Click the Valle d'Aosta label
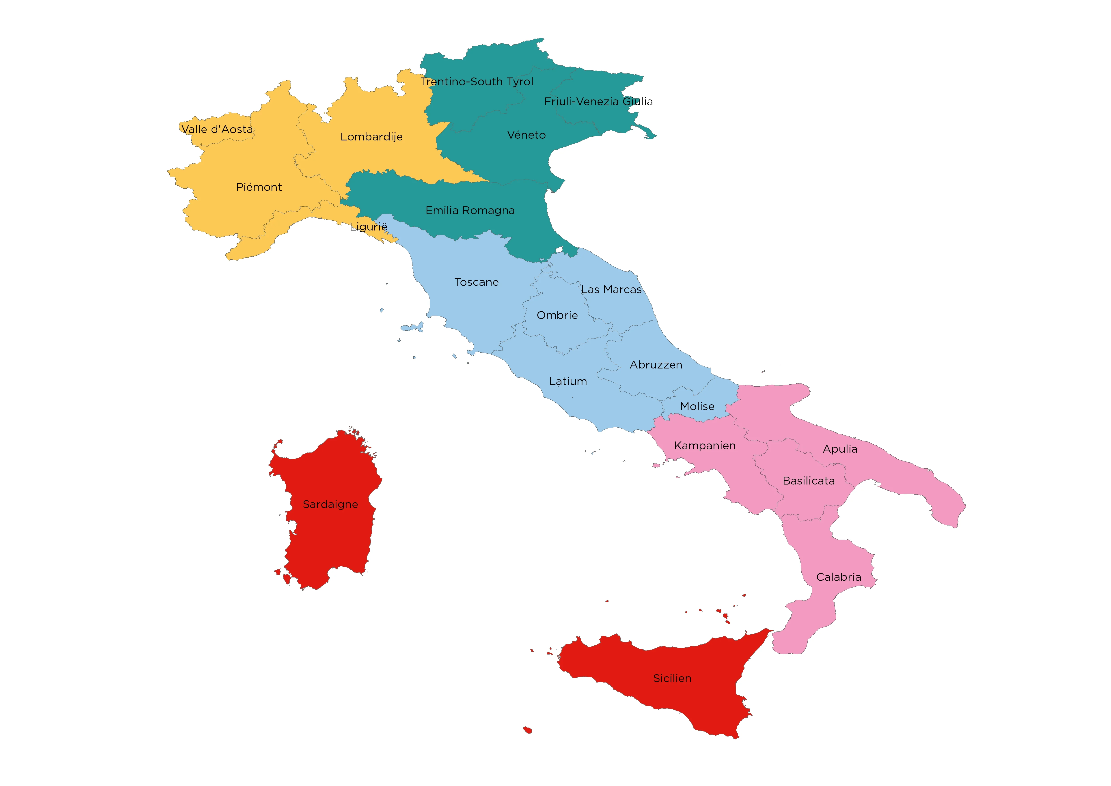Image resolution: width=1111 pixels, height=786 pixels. click(x=217, y=129)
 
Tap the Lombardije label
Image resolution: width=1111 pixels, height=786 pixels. click(x=371, y=137)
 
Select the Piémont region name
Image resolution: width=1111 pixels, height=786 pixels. click(x=259, y=187)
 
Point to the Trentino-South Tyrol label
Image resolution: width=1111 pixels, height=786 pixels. click(x=477, y=82)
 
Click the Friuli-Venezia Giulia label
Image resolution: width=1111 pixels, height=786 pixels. click(x=598, y=102)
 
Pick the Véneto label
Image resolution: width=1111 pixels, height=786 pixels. click(x=526, y=135)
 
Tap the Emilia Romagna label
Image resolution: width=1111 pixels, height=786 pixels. click(x=470, y=211)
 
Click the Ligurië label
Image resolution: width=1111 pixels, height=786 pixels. click(x=368, y=227)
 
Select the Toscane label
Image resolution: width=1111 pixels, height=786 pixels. click(x=476, y=282)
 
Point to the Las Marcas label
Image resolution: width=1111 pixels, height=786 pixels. click(x=611, y=289)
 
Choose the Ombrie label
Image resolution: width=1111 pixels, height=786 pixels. click(x=557, y=316)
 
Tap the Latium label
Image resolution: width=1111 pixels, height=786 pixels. click(x=568, y=381)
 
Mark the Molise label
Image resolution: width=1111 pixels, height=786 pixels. click(x=697, y=407)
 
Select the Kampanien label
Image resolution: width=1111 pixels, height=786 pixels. click(x=704, y=446)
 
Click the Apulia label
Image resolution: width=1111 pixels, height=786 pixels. click(x=840, y=449)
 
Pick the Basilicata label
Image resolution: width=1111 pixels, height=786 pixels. click(x=809, y=481)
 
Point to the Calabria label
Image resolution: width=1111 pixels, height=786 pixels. click(x=838, y=577)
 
